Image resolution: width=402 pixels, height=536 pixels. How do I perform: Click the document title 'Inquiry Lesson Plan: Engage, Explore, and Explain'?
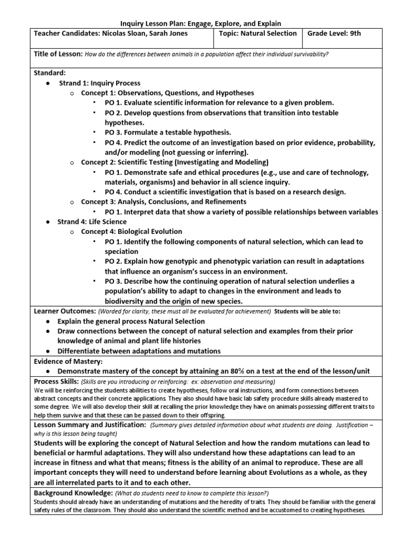click(x=201, y=24)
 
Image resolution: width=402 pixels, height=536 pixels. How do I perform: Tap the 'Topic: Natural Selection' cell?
click(x=258, y=34)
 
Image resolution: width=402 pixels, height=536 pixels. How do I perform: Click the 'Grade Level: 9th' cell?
click(x=334, y=34)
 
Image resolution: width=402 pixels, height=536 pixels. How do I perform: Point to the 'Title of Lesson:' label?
click(x=58, y=54)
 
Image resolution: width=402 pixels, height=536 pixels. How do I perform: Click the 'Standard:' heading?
click(x=50, y=73)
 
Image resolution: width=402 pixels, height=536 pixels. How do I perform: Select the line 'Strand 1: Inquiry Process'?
click(x=99, y=83)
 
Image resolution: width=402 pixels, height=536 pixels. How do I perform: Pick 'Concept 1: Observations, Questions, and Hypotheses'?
click(x=167, y=93)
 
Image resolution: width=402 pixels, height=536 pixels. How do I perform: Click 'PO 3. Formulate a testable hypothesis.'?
click(x=167, y=132)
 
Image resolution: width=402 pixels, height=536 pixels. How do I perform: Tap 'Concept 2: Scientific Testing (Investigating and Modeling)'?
click(x=175, y=162)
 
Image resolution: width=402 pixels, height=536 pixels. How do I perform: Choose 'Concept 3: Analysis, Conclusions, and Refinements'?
click(x=164, y=202)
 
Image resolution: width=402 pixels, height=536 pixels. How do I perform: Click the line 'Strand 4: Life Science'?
click(x=92, y=221)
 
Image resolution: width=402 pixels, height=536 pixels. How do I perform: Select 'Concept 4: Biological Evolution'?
click(x=131, y=231)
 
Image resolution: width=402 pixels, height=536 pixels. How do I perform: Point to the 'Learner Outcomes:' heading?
click(x=64, y=311)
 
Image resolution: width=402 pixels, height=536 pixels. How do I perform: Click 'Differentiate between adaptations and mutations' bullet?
click(x=139, y=351)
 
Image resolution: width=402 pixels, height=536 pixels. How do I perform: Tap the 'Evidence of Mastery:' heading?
click(x=68, y=361)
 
